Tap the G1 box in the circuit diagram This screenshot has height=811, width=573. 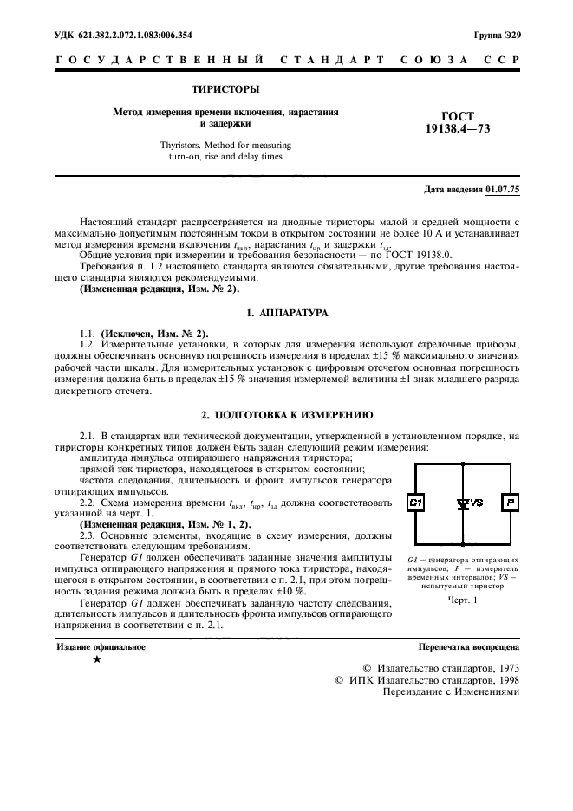pyautogui.click(x=415, y=503)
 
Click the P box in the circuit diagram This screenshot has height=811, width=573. pyautogui.click(x=511, y=503)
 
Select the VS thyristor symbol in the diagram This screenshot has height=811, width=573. pyautogui.click(x=466, y=503)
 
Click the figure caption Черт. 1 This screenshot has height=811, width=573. pyautogui.click(x=463, y=600)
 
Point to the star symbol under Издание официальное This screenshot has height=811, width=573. pyautogui.click(x=97, y=660)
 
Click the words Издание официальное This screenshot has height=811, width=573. pyautogui.click(x=101, y=646)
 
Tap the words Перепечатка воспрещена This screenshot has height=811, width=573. pyautogui.click(x=469, y=646)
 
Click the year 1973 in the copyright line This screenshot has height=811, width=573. pyautogui.click(x=502, y=668)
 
